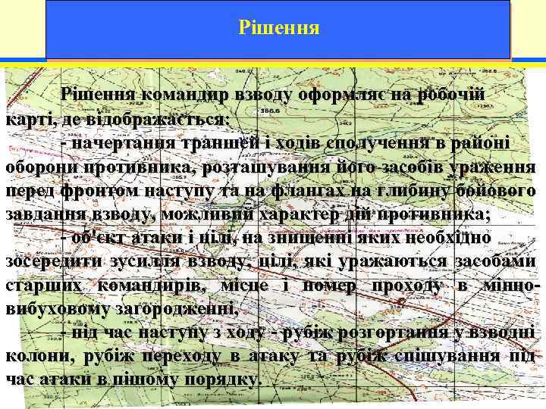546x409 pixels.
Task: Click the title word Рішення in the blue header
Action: (x=278, y=28)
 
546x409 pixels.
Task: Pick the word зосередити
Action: (x=56, y=261)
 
